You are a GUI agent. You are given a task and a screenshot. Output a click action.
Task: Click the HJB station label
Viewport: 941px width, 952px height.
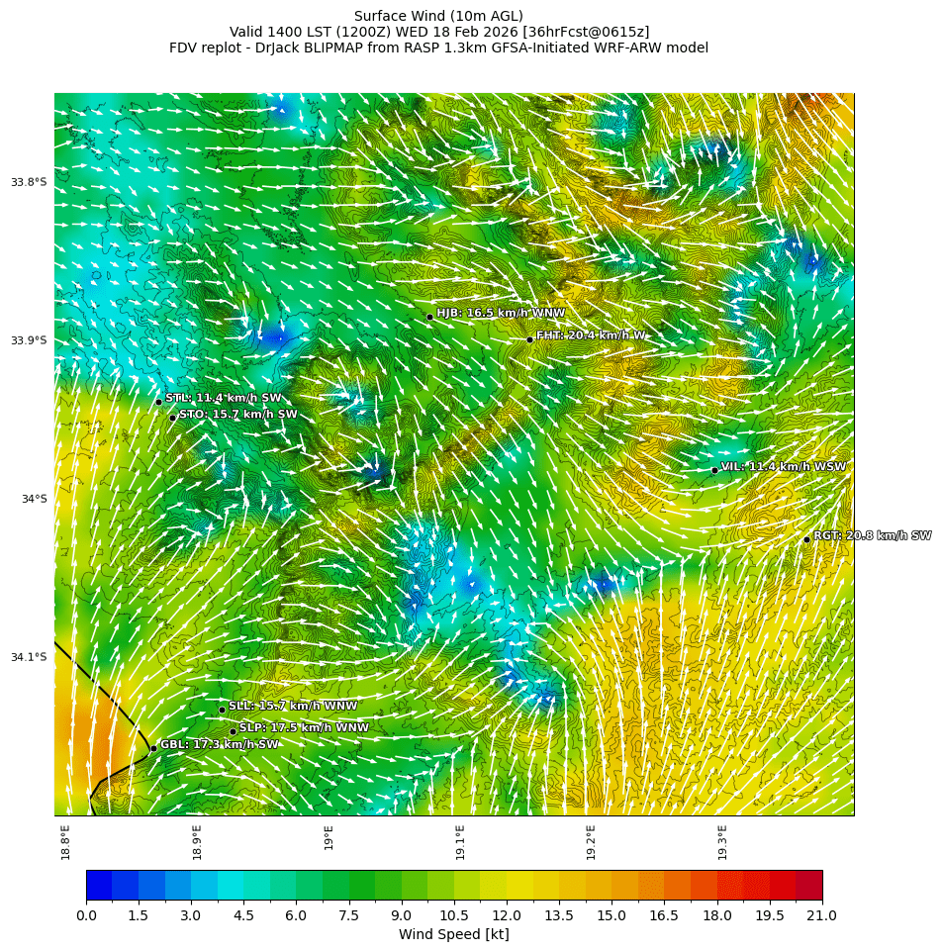pos(501,313)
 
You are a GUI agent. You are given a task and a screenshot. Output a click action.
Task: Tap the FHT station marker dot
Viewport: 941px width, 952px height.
pos(529,339)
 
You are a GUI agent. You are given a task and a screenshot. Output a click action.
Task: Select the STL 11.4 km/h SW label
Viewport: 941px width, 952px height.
pos(224,398)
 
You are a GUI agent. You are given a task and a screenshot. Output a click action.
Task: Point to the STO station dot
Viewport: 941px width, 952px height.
pos(172,418)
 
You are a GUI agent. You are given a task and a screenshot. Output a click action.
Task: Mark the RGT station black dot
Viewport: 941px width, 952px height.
pos(806,539)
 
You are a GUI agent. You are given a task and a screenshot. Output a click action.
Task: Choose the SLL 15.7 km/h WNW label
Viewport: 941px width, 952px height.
pos(293,706)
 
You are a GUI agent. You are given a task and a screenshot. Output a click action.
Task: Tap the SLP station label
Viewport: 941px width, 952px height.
pos(304,727)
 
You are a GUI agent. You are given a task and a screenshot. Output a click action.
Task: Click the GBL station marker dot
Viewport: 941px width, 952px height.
pos(153,748)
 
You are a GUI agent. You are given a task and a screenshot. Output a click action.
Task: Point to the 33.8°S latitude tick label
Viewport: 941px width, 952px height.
pos(29,182)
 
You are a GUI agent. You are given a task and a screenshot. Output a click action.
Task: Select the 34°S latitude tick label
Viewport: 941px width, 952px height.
pos(34,499)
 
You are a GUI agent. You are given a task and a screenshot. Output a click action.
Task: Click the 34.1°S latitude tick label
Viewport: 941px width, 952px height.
pos(29,657)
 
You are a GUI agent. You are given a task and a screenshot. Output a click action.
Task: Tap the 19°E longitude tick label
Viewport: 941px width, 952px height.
pos(329,837)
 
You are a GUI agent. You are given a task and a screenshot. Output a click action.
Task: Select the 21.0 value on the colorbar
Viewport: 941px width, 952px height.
pos(821,915)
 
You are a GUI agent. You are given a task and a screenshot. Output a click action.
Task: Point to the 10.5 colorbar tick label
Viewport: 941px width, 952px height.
pos(454,915)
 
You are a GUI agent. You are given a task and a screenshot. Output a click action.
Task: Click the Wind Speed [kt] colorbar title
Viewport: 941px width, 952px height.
pos(453,934)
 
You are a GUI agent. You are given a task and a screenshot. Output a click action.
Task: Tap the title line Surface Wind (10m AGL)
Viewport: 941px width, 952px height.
pos(438,16)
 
